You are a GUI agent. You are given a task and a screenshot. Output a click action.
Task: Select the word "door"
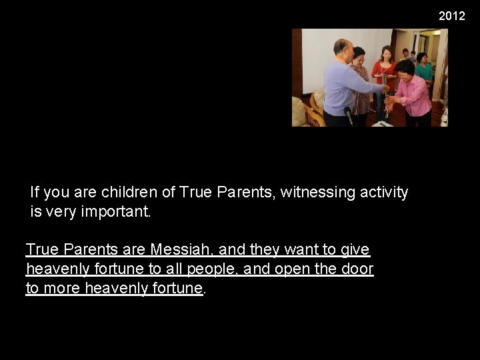358,269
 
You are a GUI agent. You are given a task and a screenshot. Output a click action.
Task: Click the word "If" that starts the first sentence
35,193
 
